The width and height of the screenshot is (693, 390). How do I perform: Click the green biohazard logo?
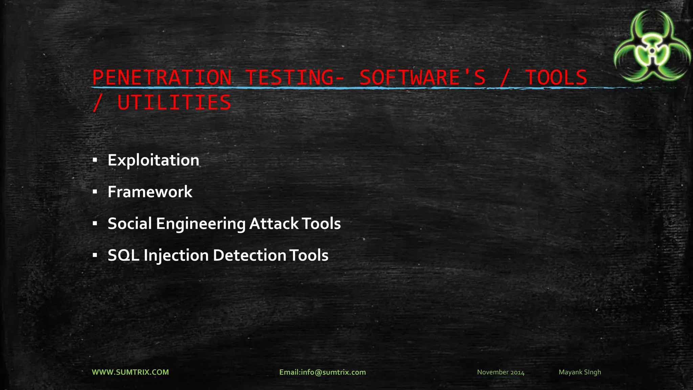(652, 46)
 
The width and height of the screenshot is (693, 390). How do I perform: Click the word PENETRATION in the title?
(162, 78)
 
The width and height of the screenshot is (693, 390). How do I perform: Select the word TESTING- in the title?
(294, 78)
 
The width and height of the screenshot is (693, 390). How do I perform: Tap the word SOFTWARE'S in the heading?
(422, 78)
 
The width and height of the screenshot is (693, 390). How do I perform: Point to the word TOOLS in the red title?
(556, 78)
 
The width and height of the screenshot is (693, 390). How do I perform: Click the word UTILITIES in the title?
(174, 103)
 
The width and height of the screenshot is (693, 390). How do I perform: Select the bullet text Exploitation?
(153, 160)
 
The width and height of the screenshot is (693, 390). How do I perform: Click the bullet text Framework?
(150, 192)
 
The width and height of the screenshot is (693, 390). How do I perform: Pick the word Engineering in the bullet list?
(200, 224)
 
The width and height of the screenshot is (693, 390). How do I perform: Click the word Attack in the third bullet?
(274, 223)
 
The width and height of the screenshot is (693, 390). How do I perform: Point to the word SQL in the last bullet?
(123, 255)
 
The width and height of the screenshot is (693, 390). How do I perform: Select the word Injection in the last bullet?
(176, 256)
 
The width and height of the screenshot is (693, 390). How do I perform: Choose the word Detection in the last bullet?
(249, 255)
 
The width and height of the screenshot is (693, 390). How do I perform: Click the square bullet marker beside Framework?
(95, 192)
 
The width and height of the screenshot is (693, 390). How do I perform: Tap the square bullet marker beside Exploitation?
(95, 160)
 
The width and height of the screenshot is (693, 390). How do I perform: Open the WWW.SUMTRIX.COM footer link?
(130, 372)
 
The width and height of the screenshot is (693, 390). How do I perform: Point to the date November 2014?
(500, 372)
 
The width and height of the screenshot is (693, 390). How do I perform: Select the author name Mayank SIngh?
(580, 372)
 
